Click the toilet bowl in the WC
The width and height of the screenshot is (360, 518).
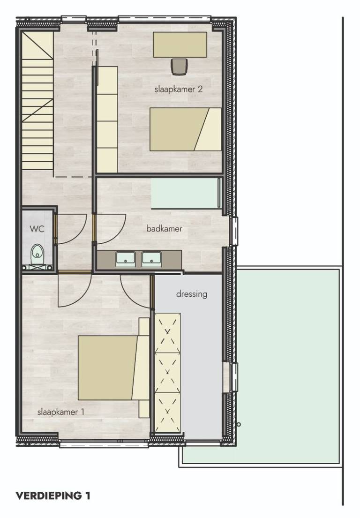pos(37,255)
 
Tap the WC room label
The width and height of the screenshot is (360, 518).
pos(37,229)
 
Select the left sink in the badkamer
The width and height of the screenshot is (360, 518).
pos(126,259)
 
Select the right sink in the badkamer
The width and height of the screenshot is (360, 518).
pos(151,259)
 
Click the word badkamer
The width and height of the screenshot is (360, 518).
pos(164,228)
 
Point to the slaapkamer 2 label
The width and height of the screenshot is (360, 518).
pos(178,89)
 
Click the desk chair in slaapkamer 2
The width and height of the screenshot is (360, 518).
pos(180,66)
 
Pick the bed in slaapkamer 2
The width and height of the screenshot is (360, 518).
pos(185,129)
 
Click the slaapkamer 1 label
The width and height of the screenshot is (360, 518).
pos(61,412)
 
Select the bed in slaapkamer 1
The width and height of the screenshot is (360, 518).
pos(113,368)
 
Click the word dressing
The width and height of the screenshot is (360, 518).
pos(192,293)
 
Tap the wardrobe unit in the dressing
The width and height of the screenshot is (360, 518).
pos(168,372)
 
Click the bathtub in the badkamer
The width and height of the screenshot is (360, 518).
pos(187,193)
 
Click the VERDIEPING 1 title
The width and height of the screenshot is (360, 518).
pos(53,495)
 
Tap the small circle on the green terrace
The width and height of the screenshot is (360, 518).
pos(239,425)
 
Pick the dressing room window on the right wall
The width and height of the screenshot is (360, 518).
pos(234,377)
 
